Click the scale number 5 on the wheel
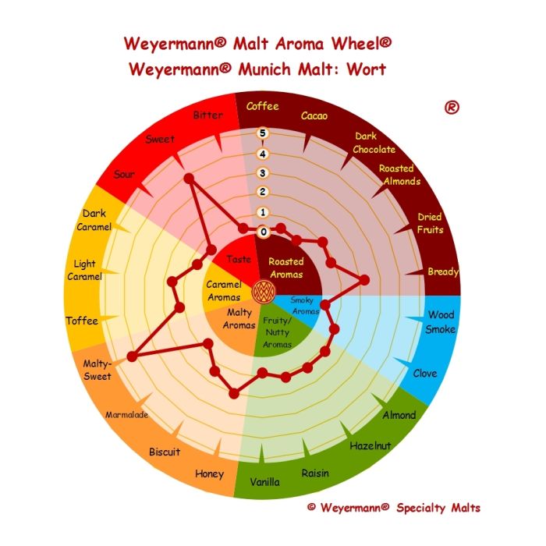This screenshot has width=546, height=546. tap(263, 133)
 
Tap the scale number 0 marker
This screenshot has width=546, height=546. tap(264, 232)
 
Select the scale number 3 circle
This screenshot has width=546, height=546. tap(263, 172)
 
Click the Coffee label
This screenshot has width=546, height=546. tap(262, 106)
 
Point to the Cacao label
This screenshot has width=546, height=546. tap(314, 115)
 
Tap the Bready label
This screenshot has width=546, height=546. tap(443, 271)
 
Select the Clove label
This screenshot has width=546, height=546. tap(425, 374)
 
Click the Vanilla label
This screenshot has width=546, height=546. tap(264, 482)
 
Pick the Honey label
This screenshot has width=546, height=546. tap(209, 474)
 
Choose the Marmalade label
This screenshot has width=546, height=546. tap(126, 415)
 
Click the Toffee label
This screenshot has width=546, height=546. tap(82, 321)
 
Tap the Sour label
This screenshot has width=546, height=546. tap(124, 174)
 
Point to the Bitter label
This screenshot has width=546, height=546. tap(208, 115)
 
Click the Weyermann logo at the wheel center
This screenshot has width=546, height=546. tap(264, 292)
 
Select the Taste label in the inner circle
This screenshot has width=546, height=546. tap(239, 259)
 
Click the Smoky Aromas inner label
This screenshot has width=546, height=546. tap(304, 306)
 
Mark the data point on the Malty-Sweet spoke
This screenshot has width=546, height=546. tap(132, 356)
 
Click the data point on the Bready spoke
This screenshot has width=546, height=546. tap(364, 280)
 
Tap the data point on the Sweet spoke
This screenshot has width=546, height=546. tap(189, 179)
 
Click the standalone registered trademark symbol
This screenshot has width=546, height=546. tap(452, 108)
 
